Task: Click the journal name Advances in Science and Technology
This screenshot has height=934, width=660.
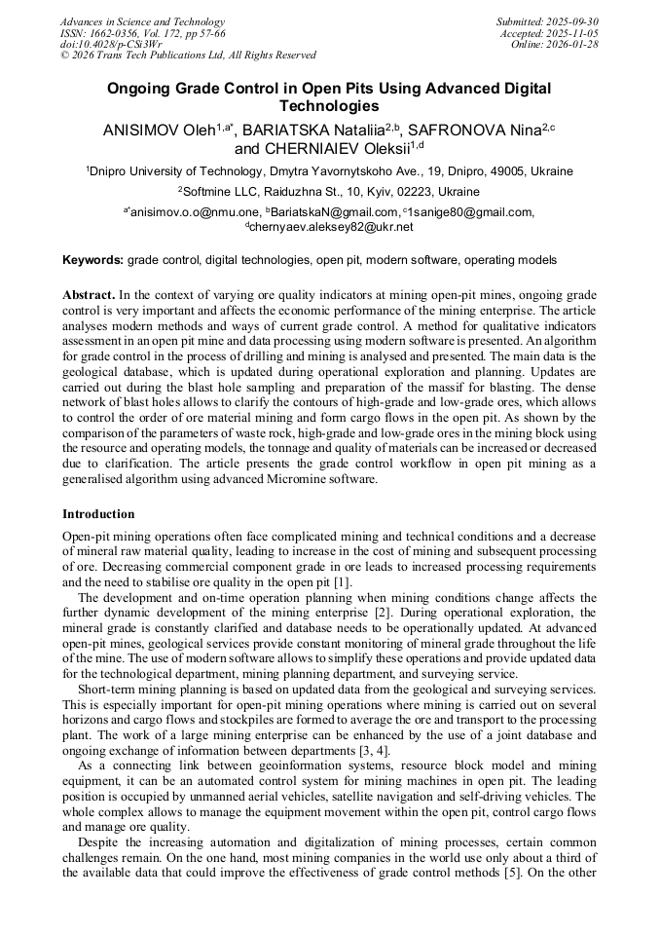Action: click(x=142, y=21)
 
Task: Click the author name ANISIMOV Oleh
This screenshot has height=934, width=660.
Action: click(x=159, y=130)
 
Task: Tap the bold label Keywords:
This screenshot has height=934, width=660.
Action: click(x=92, y=261)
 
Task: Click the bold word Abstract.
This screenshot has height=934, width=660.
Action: click(x=89, y=295)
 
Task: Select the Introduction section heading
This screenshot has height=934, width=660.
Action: click(x=98, y=513)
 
